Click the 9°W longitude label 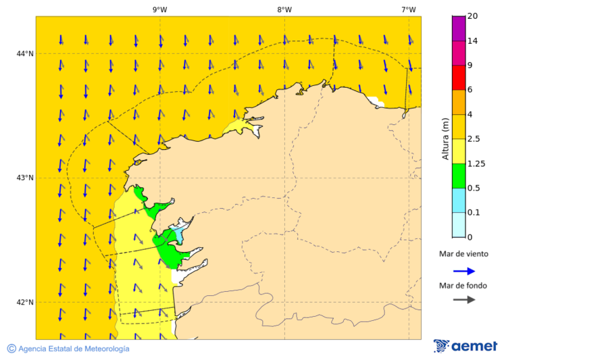click(x=160, y=9)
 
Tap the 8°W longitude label click(x=284, y=9)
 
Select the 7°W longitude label click(x=409, y=9)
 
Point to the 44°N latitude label click(x=25, y=53)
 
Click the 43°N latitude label click(x=25, y=178)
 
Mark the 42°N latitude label click(x=25, y=302)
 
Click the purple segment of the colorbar click(x=459, y=28)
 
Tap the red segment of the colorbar click(x=459, y=78)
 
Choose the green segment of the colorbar click(x=459, y=176)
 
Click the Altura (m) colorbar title click(x=445, y=138)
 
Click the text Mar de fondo click(x=463, y=286)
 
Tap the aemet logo click(x=465, y=346)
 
